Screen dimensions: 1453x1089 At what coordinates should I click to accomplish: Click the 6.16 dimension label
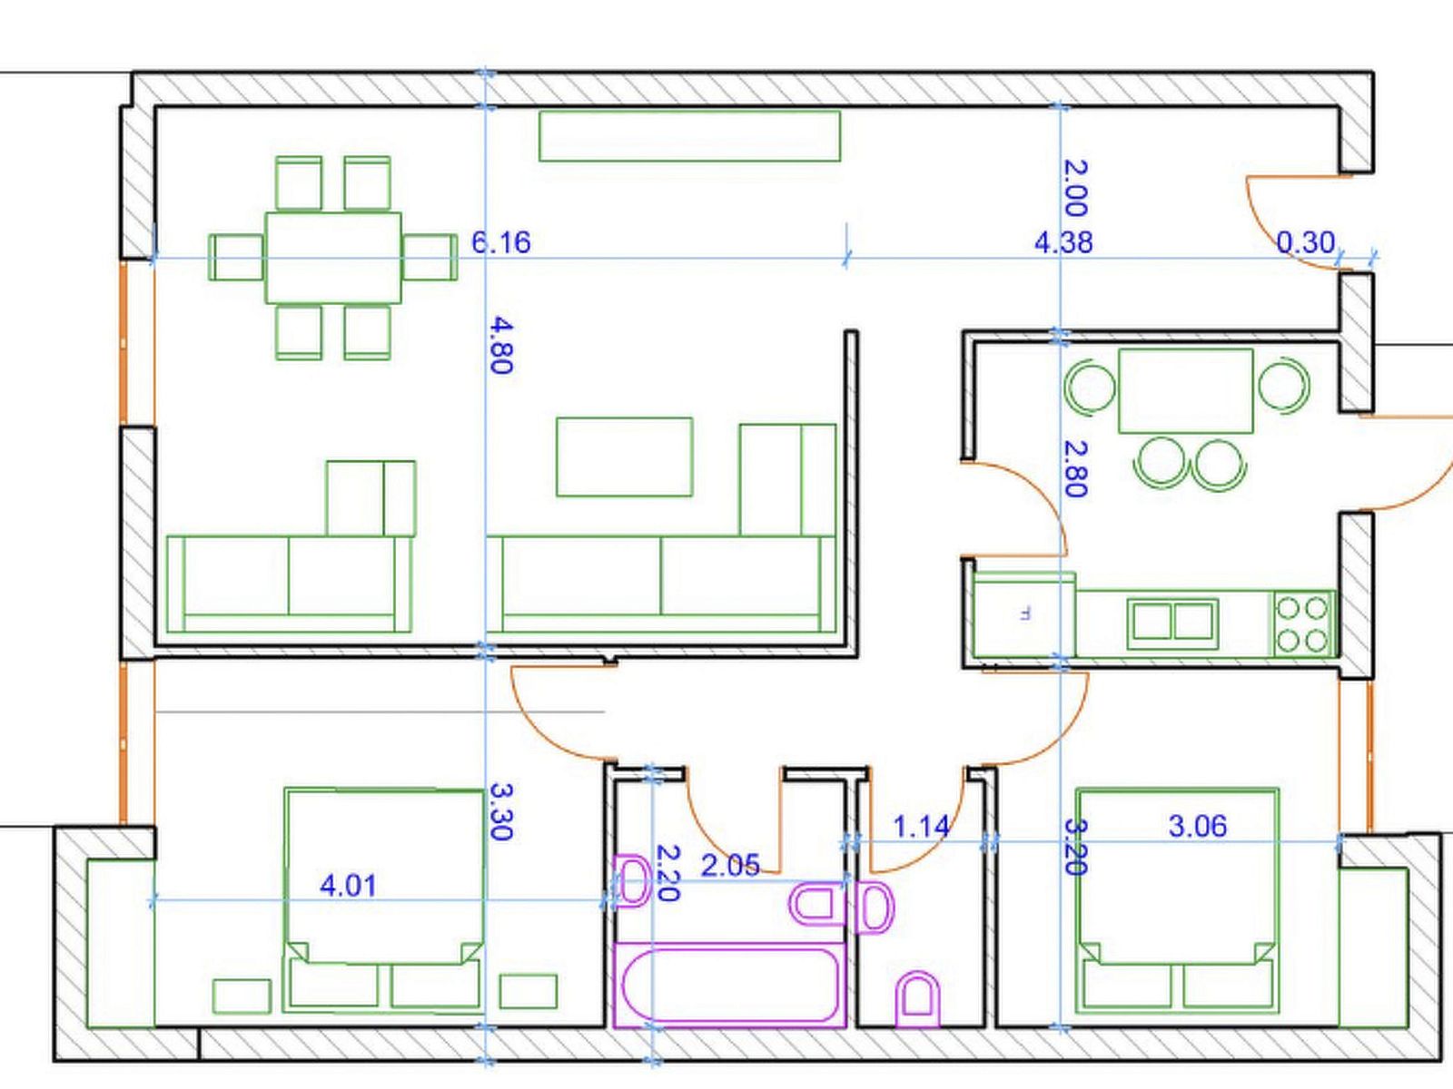pyautogui.click(x=500, y=242)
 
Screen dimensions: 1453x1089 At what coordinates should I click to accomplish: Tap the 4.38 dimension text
pyautogui.click(x=1063, y=242)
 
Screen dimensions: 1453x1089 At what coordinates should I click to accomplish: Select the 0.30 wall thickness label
pyautogui.click(x=1305, y=242)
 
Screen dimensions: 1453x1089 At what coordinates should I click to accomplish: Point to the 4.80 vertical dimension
pyautogui.click(x=501, y=345)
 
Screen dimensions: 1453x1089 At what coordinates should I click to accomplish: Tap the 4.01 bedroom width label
pyautogui.click(x=348, y=886)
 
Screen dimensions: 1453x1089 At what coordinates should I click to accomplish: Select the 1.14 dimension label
pyautogui.click(x=921, y=827)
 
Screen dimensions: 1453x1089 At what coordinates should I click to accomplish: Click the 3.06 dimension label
pyautogui.click(x=1198, y=827)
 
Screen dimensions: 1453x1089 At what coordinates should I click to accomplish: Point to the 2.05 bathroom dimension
pyautogui.click(x=730, y=866)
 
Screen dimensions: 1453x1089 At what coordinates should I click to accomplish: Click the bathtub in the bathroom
pyautogui.click(x=730, y=986)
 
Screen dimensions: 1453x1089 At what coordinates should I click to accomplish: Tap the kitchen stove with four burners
pyautogui.click(x=1301, y=624)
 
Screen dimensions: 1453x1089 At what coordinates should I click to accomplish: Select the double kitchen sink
pyautogui.click(x=1173, y=623)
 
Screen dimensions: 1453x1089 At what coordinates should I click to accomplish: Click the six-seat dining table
pyautogui.click(x=333, y=258)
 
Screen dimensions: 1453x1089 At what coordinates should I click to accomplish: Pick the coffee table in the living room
pyautogui.click(x=624, y=456)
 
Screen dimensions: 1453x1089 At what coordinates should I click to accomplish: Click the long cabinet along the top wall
pyautogui.click(x=690, y=136)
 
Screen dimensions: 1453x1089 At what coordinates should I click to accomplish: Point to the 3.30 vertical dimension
pyautogui.click(x=501, y=811)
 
